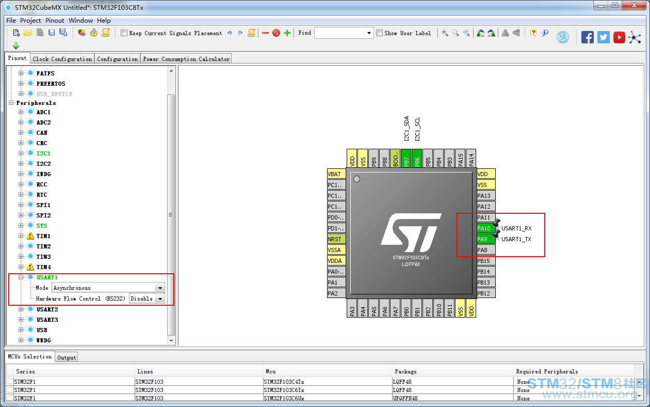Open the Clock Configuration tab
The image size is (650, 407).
coord(62,59)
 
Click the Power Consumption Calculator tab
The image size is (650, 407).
coord(186,59)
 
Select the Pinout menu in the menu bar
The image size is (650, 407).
coord(55,21)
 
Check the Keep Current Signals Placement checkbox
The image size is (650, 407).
coord(124,33)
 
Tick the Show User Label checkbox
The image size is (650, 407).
coord(379,33)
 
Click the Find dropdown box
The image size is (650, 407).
coord(344,33)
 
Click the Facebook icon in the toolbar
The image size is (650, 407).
coord(587,38)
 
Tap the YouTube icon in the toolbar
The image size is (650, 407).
coord(619,38)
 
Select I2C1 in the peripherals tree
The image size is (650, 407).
coord(43,153)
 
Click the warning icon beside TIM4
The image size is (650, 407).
coord(30,267)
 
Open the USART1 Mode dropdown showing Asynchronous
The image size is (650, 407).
coord(108,288)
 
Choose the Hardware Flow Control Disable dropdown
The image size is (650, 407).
coord(147,299)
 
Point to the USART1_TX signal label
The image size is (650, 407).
coord(516,239)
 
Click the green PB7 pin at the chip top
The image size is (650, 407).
coord(406,159)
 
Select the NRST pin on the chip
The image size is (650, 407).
coord(336,239)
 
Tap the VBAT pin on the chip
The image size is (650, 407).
coord(336,174)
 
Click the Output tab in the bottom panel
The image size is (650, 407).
coord(67,357)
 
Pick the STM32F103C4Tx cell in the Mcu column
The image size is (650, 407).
coord(284,382)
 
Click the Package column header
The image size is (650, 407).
coord(405,371)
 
